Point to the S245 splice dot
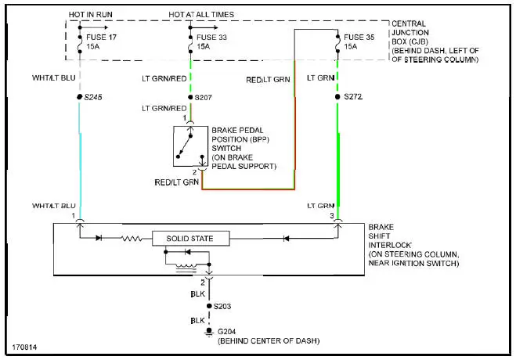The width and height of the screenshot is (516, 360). [80, 97]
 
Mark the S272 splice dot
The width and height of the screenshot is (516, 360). [338, 97]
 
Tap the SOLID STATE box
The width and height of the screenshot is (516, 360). [192, 237]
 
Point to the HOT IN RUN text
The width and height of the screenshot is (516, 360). [89, 15]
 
